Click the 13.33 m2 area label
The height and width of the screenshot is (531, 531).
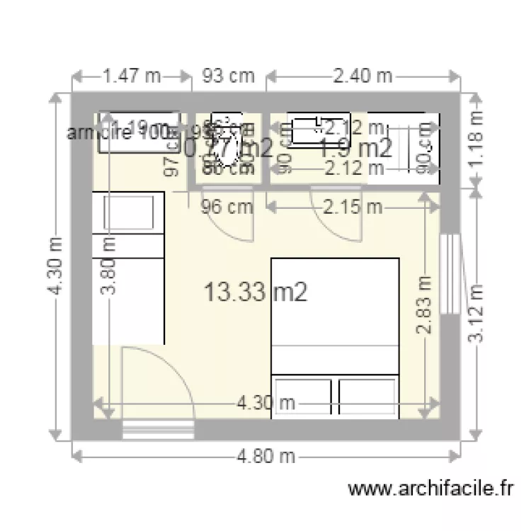click(x=255, y=291)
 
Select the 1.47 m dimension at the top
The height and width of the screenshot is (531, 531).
click(x=132, y=76)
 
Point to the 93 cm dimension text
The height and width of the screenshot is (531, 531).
click(x=229, y=76)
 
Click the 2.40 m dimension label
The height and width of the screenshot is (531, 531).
click(x=363, y=76)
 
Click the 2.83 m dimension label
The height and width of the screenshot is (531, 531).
click(x=424, y=304)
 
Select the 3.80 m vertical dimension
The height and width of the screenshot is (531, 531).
click(x=110, y=265)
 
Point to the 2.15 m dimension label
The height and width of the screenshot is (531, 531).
click(x=353, y=207)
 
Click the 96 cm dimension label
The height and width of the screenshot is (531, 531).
click(x=227, y=207)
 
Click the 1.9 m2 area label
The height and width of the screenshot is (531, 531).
click(x=356, y=148)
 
